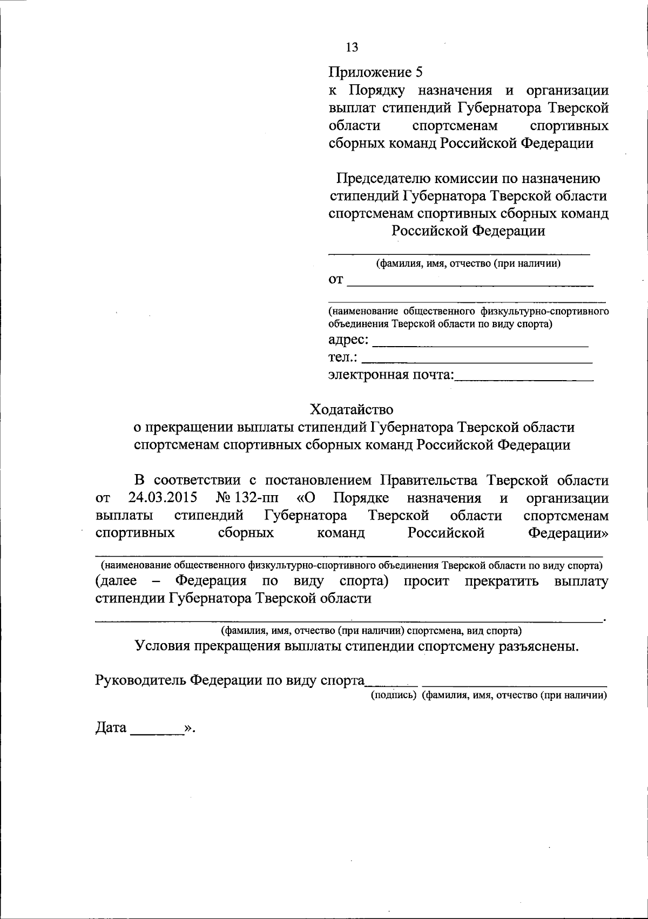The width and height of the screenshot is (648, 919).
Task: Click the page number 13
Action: coord(352,48)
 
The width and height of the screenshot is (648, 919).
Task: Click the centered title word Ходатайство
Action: coord(352,409)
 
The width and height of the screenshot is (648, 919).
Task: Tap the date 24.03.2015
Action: coord(163,498)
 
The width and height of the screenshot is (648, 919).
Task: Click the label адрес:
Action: coord(349,340)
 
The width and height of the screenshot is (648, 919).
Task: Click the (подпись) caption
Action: coord(393,697)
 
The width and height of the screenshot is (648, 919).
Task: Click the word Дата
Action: coord(111,728)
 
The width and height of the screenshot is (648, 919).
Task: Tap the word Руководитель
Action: coord(141,680)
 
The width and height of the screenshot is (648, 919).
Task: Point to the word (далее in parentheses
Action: coord(116,582)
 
